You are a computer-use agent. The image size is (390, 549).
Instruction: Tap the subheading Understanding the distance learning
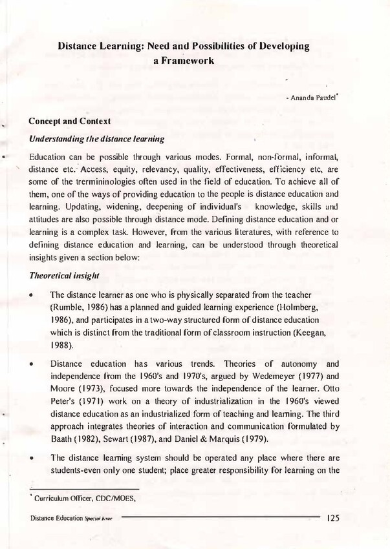click(96, 139)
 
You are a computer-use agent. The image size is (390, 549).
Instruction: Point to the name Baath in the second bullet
click(63, 439)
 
